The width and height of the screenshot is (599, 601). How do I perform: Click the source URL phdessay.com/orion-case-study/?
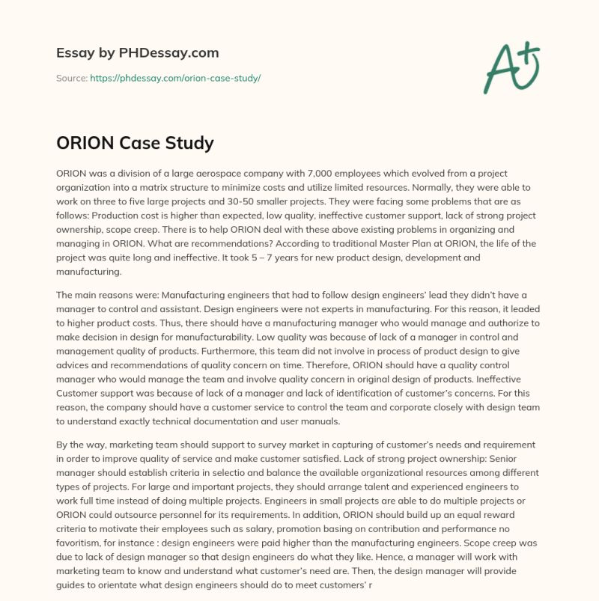point(175,78)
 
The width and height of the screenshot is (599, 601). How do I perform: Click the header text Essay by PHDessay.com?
point(138,53)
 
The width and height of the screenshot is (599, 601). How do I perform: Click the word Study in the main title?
point(188,143)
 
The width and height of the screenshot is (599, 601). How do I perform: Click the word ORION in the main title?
point(84,143)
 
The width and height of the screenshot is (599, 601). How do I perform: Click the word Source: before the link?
point(72,78)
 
